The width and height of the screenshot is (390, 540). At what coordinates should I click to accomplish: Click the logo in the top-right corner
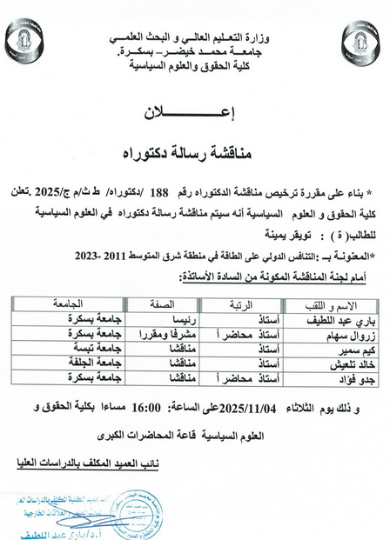coord(366,39)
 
